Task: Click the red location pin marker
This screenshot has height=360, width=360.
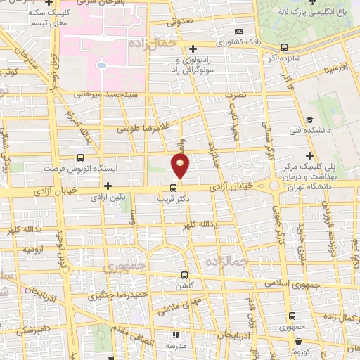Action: (181, 166)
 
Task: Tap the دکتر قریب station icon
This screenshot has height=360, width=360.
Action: (173, 188)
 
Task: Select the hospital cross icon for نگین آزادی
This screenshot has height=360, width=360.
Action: (108, 186)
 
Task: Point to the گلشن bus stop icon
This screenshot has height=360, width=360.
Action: (184, 275)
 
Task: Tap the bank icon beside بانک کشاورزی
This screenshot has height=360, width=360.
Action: (239, 32)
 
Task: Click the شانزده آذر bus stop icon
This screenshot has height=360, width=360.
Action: (284, 47)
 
